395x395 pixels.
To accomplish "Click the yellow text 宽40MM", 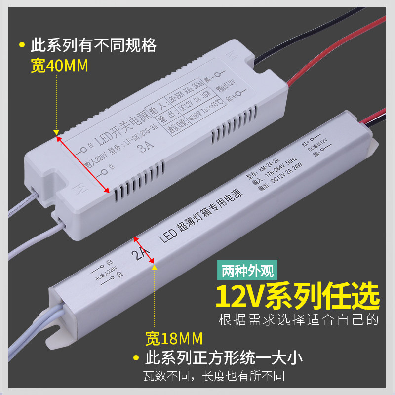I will point(59,66).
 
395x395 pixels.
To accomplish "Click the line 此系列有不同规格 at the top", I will point(93,46).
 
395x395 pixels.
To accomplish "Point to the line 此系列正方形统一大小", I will point(223,357).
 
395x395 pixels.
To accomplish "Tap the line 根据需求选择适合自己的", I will point(298,319).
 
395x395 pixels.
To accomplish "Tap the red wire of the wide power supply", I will point(321,64).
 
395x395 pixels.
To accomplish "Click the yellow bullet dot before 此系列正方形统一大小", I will point(135,357).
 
